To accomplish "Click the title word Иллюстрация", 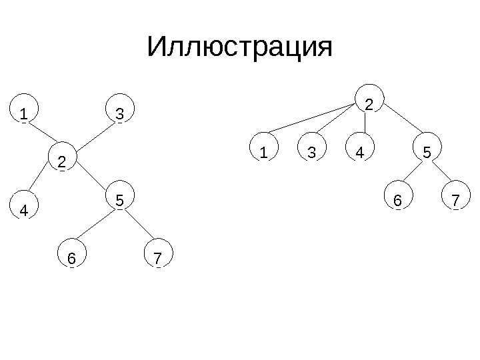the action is pos(239,49).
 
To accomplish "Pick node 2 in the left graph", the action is pos(63,161).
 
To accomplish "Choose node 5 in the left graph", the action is pos(120,199).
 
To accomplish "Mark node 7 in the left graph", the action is pos(158,257).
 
